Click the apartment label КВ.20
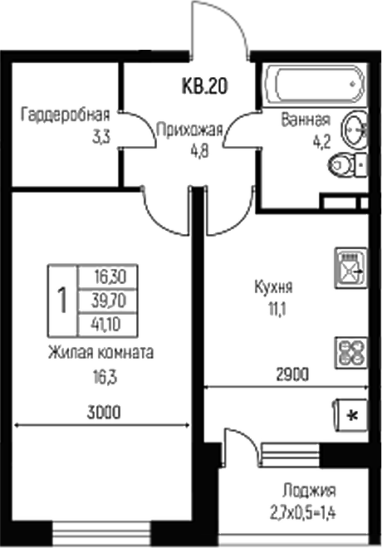(x=204, y=85)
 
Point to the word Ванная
(x=305, y=118)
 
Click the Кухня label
(x=273, y=289)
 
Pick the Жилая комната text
(x=100, y=352)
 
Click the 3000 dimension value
(x=102, y=410)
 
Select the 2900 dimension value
(x=291, y=374)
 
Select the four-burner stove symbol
(x=350, y=352)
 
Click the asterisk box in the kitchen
(x=350, y=415)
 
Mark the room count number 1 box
(x=61, y=299)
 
